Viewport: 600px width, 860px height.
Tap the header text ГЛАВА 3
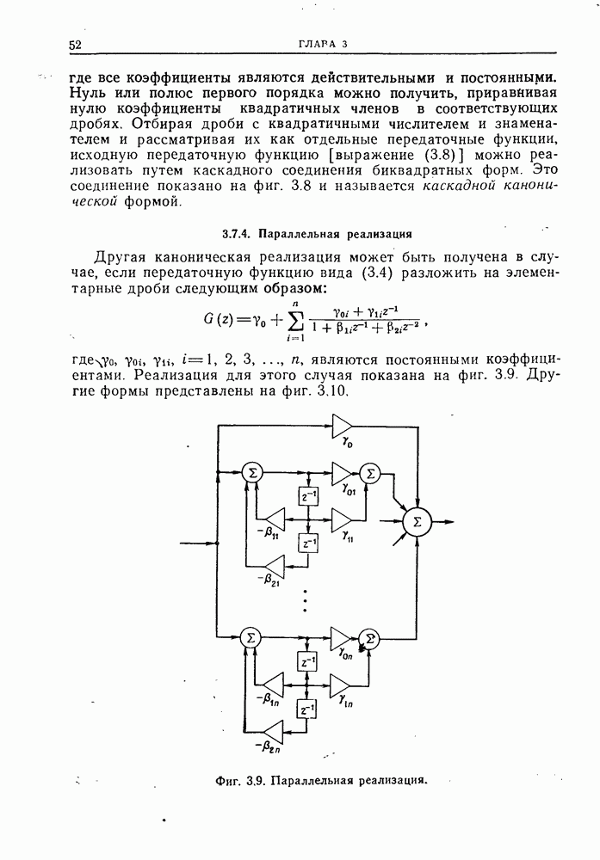coord(322,44)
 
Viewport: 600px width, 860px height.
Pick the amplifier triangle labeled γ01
coord(342,472)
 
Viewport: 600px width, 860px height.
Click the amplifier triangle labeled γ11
coord(342,519)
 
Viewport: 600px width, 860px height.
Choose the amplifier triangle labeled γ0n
coord(342,637)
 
